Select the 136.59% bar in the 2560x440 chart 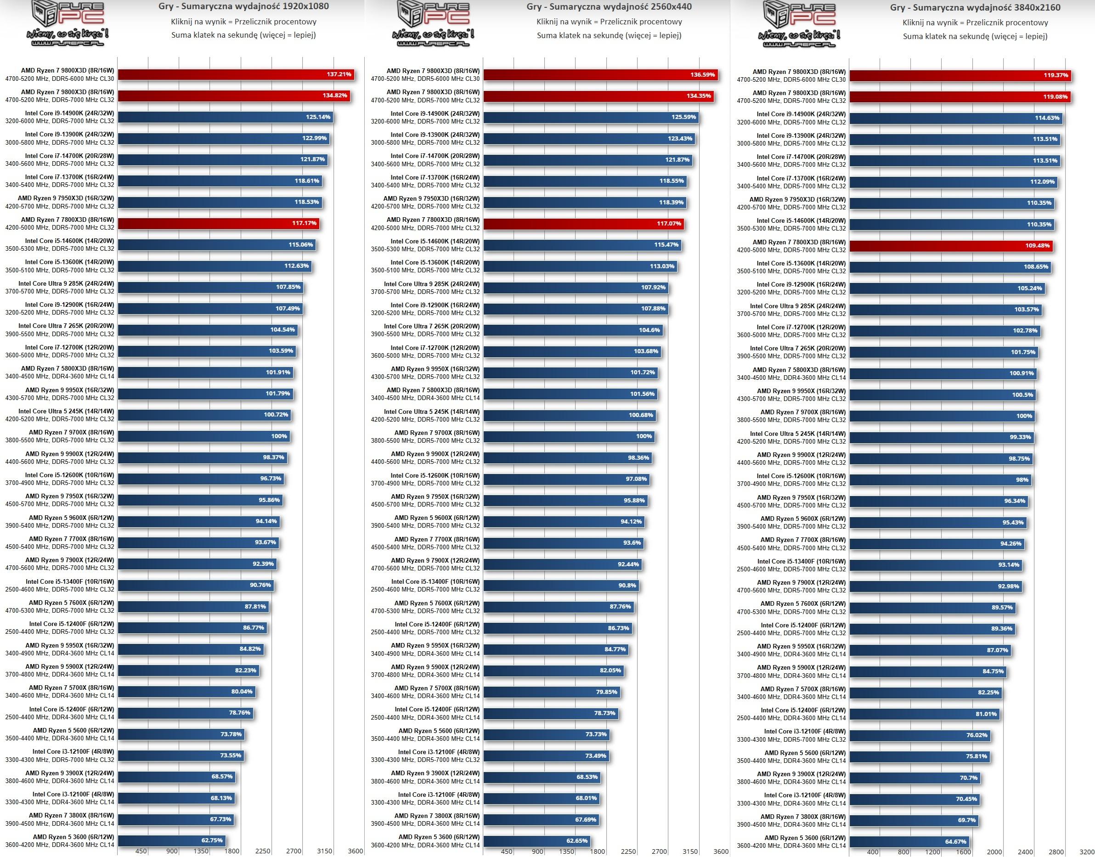[600, 75]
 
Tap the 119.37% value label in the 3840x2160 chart [1056, 75]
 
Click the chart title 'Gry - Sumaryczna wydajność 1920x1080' [243, 6]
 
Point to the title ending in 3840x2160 [975, 7]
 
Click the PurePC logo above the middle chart [433, 23]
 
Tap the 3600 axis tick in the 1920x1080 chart [356, 851]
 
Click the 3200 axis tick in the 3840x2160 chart [1086, 851]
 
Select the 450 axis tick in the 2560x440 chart [507, 851]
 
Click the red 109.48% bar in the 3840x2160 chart [951, 246]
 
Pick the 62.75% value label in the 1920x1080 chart [212, 840]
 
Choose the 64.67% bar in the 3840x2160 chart [909, 841]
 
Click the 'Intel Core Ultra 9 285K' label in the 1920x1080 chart [66, 283]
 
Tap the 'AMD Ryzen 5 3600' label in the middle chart [439, 837]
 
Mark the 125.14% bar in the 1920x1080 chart [225, 117]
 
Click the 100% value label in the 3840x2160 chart [1024, 416]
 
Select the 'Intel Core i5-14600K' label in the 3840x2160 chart [801, 221]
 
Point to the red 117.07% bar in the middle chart [583, 223]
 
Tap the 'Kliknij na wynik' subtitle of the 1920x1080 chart [243, 22]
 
